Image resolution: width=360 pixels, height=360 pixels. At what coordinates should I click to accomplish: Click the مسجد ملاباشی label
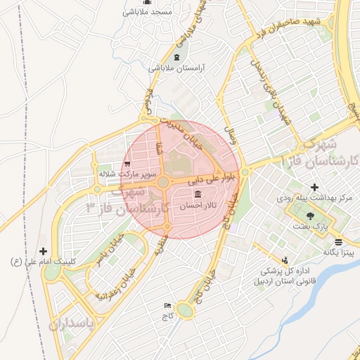coord(147,12)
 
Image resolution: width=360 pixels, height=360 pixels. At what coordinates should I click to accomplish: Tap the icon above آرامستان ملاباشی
coord(176,57)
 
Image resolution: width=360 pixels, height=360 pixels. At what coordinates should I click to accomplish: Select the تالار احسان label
coord(199,207)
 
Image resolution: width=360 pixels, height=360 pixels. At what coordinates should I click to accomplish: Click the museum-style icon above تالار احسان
coord(198,194)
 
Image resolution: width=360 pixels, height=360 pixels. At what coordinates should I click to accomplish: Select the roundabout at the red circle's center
coord(163,182)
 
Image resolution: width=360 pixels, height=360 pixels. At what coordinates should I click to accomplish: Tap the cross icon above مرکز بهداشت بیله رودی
coord(314,188)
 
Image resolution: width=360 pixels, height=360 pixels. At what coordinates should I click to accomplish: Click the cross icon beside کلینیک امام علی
coord(44,250)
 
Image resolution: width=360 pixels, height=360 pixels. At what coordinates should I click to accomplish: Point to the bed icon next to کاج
coord(167,306)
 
